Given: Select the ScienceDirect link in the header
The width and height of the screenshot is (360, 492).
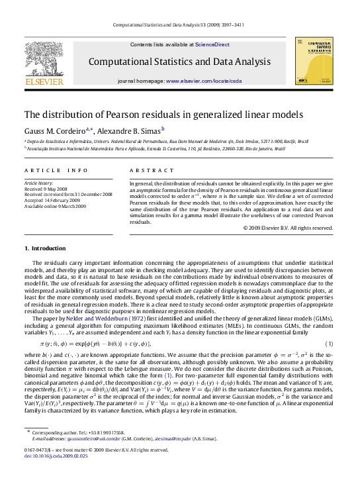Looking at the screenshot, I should point(212,44).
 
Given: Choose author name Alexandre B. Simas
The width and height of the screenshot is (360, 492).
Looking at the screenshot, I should point(133,131).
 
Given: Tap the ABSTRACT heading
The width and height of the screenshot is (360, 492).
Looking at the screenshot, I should point(146,170).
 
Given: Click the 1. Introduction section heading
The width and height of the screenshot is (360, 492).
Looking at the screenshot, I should point(45,248).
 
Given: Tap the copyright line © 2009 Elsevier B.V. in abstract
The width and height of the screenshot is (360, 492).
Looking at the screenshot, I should point(289,228).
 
